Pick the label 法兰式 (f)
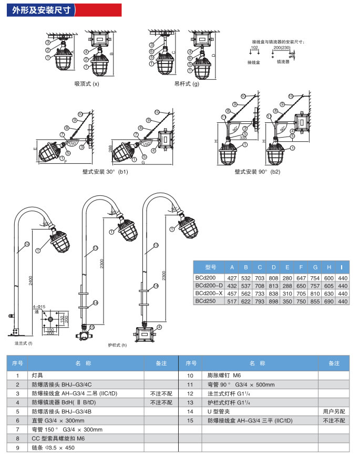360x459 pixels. coord(23,342)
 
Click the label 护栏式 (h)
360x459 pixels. coord(117,345)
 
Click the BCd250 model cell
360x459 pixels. coord(205,300)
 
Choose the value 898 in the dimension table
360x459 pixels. coord(273,301)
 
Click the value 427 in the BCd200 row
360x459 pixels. coord(232,277)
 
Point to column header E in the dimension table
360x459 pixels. coord(287,267)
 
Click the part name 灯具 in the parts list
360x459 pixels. coord(37,375)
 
